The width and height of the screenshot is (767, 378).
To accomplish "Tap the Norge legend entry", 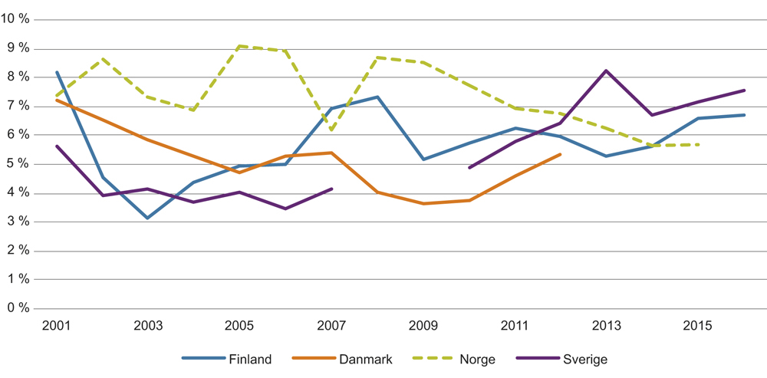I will (x=477, y=358).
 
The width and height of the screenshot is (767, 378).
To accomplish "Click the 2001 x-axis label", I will (x=57, y=326).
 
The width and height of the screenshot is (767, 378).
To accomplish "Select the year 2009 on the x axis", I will (x=423, y=326).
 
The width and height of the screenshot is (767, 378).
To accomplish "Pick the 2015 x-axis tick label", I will (x=697, y=326).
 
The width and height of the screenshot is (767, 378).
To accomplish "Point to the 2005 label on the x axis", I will (x=239, y=326).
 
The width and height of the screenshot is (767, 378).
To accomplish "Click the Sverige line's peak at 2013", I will (x=606, y=71).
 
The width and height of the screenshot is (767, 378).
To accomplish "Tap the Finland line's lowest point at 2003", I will (x=148, y=218).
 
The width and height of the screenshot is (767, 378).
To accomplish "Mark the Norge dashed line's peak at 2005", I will (x=239, y=46).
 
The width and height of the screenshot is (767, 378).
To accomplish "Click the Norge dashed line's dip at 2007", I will (x=331, y=130).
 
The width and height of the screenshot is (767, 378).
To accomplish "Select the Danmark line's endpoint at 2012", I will (x=561, y=154).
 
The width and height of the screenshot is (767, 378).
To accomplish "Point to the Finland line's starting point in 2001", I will (x=57, y=72).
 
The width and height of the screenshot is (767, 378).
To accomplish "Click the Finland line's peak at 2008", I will (x=377, y=97).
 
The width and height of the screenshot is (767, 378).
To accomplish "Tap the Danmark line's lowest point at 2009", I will (x=423, y=203).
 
